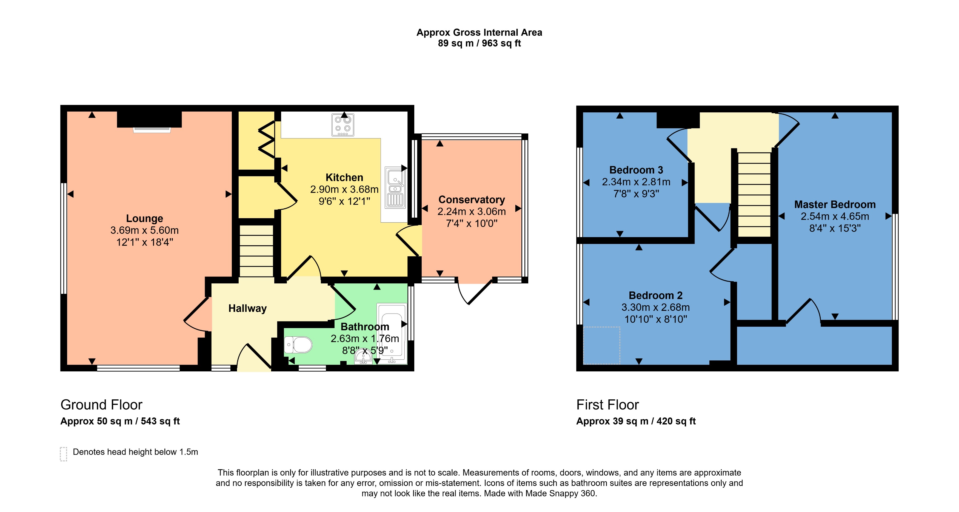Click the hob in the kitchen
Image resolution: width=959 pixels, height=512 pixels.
[342, 125]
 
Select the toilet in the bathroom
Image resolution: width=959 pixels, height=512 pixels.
[298, 345]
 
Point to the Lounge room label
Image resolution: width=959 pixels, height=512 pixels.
[144, 218]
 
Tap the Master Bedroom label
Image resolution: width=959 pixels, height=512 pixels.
[835, 204]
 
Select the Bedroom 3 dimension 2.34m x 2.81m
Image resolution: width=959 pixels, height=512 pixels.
[636, 182]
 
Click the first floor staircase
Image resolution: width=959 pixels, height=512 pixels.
[754, 194]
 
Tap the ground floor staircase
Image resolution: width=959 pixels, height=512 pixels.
[256, 251]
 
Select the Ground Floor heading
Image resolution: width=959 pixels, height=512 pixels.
[101, 405]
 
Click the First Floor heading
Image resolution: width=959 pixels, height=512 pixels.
[607, 405]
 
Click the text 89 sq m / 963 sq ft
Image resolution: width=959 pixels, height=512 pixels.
[479, 44]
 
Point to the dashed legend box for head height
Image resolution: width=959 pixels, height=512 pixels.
[64, 454]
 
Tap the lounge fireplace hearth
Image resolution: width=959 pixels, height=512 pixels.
[152, 130]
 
